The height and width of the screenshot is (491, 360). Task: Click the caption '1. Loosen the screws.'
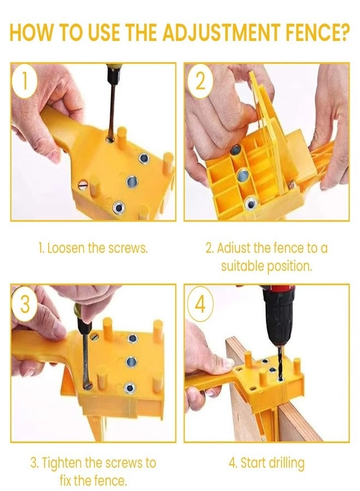[93, 248]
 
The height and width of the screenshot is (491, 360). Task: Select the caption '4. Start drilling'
[266, 463]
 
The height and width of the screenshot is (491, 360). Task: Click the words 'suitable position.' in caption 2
[266, 267]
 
